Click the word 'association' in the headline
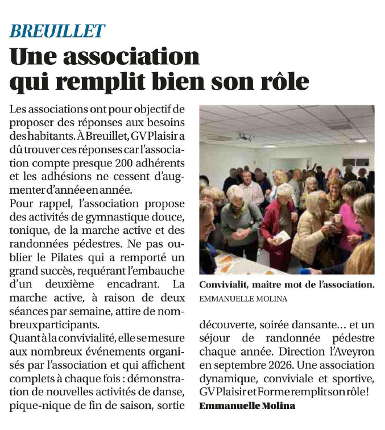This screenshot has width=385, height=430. point(135,57)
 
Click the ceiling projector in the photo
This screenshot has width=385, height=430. point(245,137)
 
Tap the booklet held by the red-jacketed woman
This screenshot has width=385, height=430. point(282,235)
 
